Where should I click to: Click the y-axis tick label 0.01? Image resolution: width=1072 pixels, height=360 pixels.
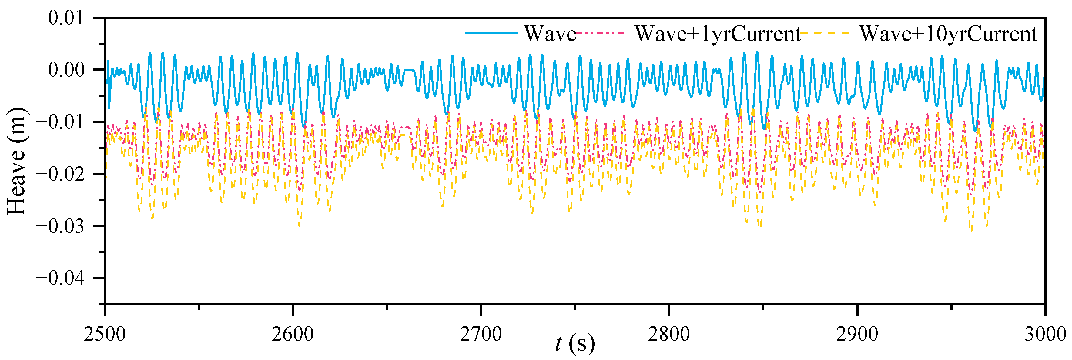66,18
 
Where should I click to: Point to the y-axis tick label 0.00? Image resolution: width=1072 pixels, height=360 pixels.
66,70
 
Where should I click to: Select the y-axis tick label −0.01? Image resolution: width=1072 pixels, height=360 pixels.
60,122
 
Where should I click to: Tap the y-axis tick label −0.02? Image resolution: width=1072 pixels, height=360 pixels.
60,174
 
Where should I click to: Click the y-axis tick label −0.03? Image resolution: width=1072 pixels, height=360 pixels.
60,226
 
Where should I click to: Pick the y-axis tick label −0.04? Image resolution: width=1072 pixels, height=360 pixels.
60,278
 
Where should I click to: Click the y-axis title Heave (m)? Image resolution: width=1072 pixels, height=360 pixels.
17,161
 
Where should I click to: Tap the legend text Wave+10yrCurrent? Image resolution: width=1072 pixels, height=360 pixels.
948,34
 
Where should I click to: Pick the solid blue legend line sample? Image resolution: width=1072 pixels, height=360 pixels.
491,33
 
